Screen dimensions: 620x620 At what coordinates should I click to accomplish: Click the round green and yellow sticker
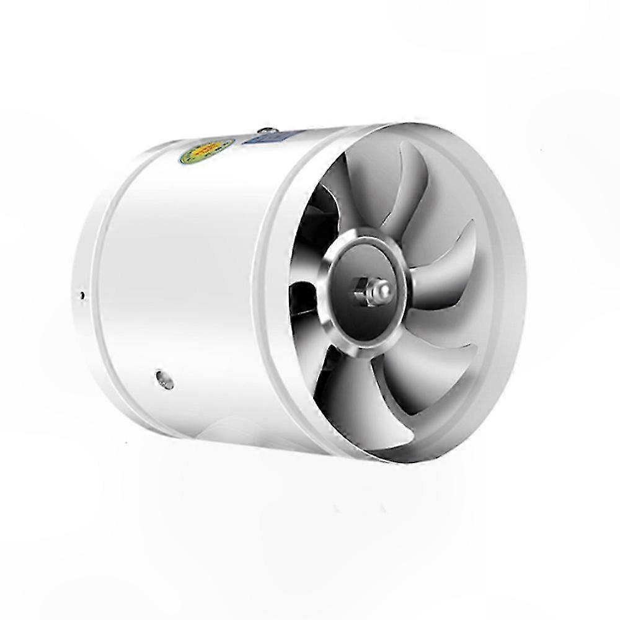[206, 151]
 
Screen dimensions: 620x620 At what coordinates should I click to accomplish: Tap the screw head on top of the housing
[268, 131]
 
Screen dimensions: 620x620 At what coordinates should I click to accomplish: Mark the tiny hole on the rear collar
[82, 296]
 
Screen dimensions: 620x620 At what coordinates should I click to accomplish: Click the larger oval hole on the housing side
[164, 379]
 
